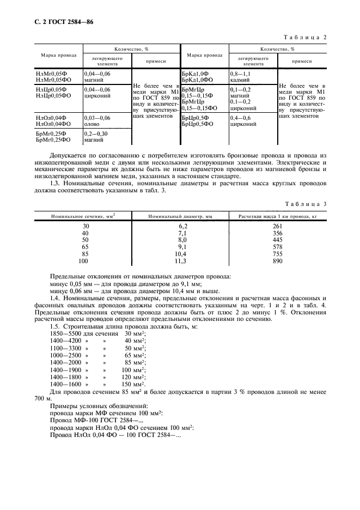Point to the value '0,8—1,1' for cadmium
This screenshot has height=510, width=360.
pos(241,73)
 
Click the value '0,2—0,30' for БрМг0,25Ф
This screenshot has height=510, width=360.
pos(96,134)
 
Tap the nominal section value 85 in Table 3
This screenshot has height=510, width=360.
pos(85,254)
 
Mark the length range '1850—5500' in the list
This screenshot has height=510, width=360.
pos(63,333)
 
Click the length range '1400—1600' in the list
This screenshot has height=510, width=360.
pos(63,383)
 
